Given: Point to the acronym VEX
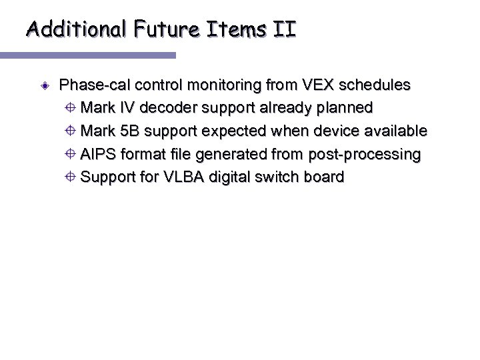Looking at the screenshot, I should [315, 85].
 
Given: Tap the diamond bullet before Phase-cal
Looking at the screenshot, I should [43, 86].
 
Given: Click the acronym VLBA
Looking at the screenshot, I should [178, 177].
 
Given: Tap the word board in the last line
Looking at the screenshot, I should [323, 177].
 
